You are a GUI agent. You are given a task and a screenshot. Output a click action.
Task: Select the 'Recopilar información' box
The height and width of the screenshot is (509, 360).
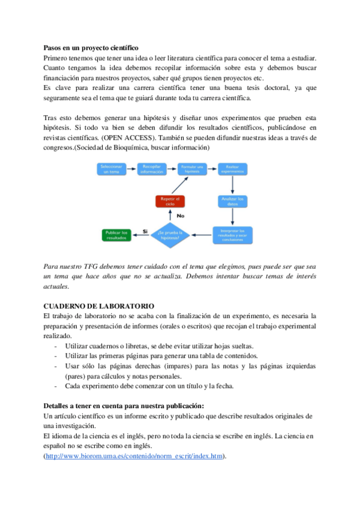[152, 169]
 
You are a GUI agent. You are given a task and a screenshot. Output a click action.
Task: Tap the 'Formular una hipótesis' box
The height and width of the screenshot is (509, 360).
[192, 169]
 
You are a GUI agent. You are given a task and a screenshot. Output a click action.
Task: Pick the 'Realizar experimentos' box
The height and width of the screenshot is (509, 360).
[232, 169]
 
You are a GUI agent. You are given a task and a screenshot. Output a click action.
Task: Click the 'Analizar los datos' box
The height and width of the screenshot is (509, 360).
[232, 201]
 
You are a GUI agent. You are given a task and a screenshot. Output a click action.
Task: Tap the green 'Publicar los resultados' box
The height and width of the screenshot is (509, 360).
[116, 234]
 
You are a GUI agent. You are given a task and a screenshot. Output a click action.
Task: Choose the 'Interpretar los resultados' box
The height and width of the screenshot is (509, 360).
[232, 234]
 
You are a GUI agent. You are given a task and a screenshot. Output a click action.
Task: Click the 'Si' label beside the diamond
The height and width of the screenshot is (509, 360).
[145, 230]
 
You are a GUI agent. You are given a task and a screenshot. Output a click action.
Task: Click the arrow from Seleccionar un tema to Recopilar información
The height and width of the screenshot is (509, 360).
[131, 169]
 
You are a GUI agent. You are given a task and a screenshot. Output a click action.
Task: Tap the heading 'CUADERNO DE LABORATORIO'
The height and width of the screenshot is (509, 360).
[99, 306]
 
